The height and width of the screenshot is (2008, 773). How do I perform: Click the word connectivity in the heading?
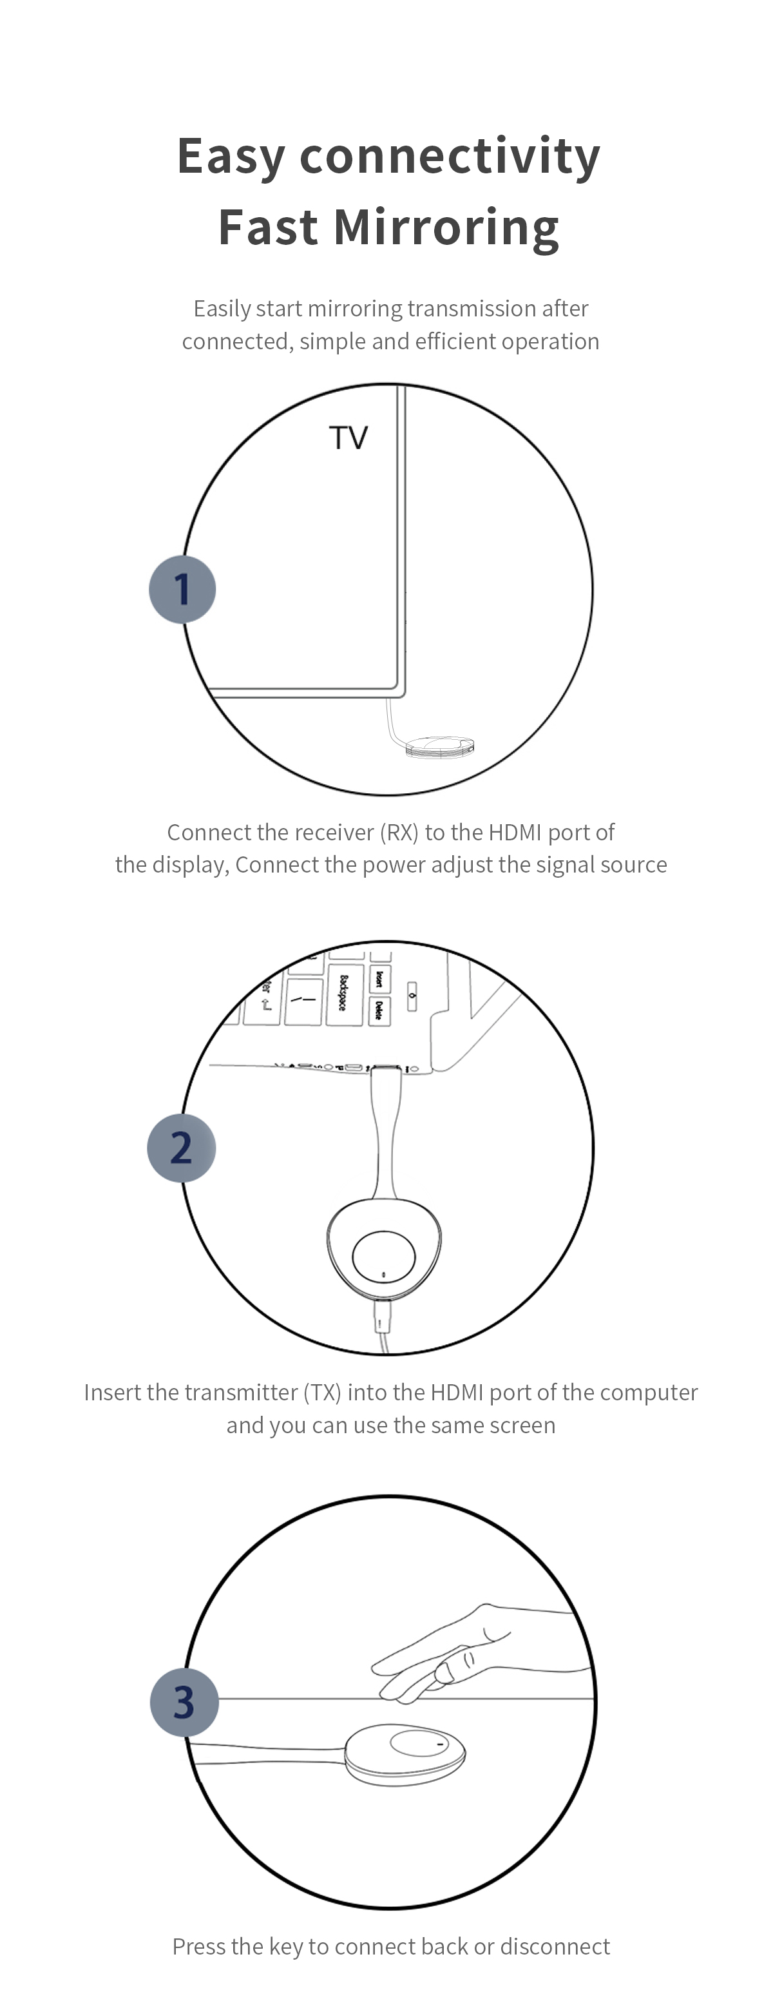click(450, 156)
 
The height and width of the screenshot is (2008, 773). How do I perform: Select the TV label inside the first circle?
click(348, 438)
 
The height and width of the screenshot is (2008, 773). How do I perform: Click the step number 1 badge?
click(182, 589)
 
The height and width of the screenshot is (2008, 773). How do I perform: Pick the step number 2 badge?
click(181, 1148)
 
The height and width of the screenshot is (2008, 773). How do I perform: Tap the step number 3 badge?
click(183, 1703)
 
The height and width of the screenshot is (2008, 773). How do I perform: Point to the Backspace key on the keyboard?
click(343, 993)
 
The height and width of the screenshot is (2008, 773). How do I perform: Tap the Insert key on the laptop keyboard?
click(379, 978)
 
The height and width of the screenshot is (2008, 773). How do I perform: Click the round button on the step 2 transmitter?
click(383, 1255)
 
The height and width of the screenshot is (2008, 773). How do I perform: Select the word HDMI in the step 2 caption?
click(457, 1392)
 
